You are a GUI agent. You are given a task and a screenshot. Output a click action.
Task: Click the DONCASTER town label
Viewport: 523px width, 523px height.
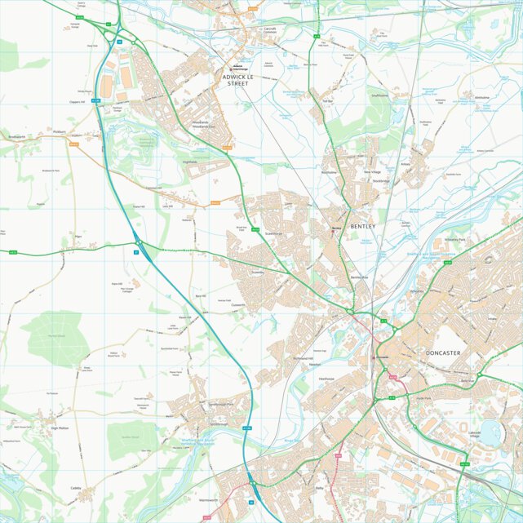[443, 352]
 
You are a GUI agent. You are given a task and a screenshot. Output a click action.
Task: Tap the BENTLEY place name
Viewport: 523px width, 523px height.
[363, 225]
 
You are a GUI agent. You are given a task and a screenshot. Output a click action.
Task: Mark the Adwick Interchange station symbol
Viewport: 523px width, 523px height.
[237, 67]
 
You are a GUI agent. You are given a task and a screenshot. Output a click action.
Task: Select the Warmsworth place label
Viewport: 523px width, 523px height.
[208, 499]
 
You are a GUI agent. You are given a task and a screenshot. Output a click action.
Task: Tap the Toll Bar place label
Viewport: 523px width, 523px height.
[329, 101]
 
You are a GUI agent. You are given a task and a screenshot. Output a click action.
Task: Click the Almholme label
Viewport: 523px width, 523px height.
[481, 97]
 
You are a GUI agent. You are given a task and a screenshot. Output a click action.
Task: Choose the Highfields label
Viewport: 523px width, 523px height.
[190, 162]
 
